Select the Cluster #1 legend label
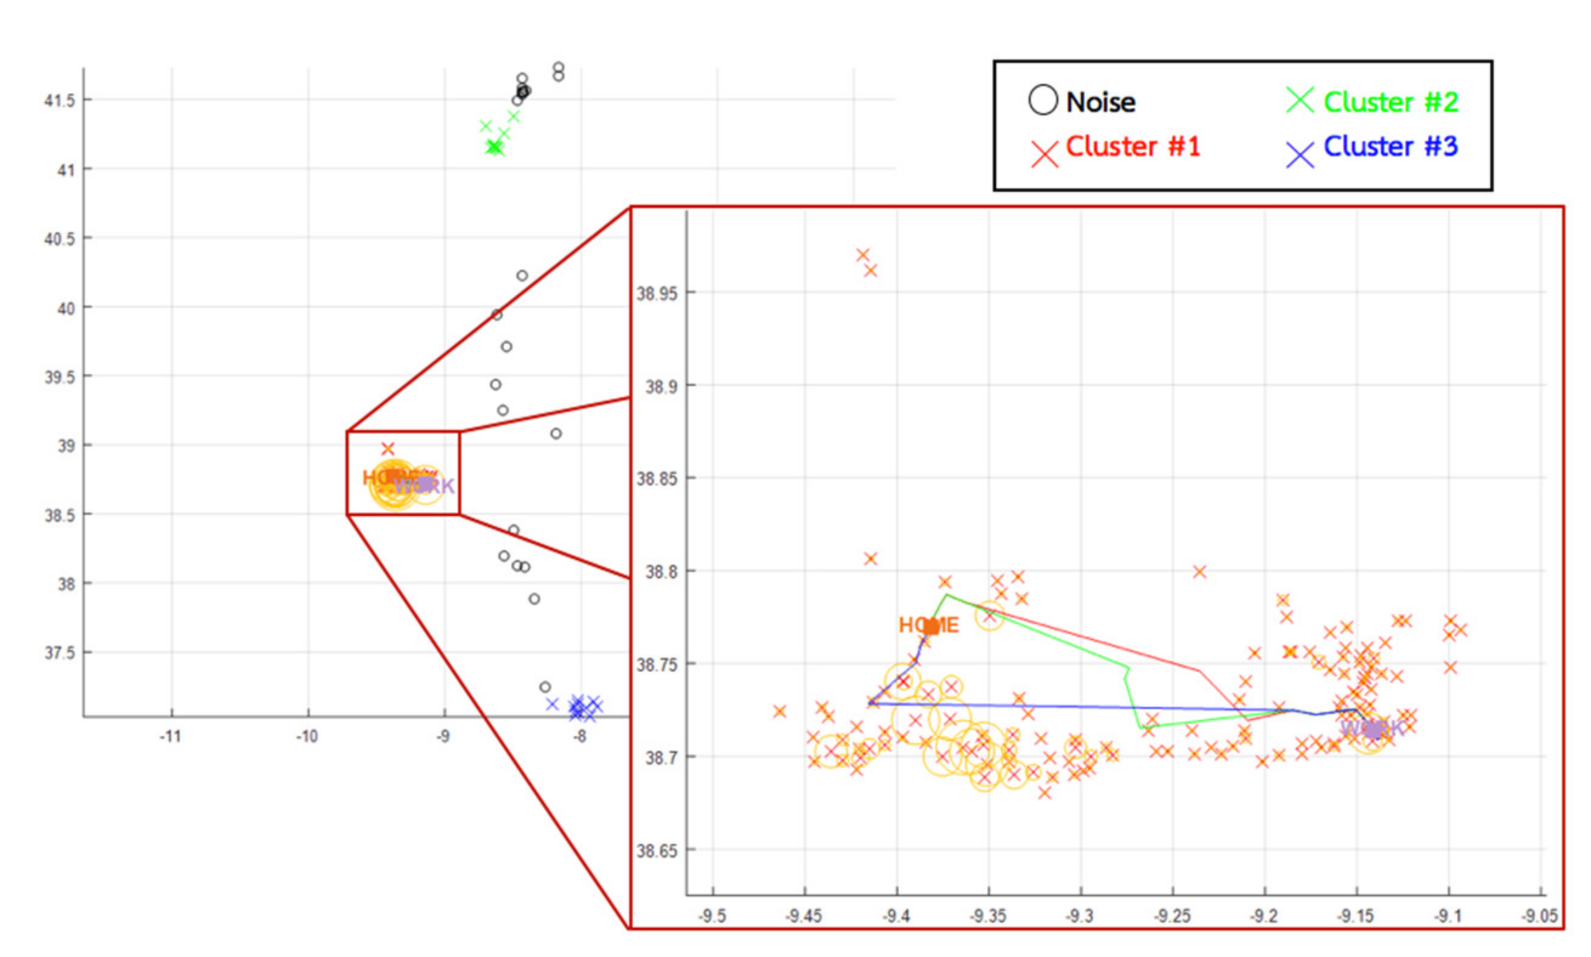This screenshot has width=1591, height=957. coord(1133,146)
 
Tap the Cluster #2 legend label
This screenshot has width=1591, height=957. coord(1391,102)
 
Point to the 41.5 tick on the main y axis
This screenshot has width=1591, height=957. coord(60,101)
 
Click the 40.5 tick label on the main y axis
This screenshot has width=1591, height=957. coord(60,239)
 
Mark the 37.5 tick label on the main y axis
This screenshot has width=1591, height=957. coord(60,653)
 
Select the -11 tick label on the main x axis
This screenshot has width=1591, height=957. coord(171,737)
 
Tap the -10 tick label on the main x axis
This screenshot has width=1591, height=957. coord(308,737)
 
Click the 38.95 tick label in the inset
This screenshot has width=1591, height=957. coord(657,293)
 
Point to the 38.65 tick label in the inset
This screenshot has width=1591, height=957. coord(657,851)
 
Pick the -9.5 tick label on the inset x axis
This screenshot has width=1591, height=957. coord(713,916)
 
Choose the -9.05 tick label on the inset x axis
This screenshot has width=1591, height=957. coord(1540,916)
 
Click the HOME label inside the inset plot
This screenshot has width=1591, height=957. coord(928,625)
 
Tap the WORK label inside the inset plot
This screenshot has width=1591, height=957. coord(1372,729)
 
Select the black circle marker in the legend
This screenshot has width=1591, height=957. coord(1043,101)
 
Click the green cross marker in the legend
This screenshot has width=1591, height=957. coord(1300,101)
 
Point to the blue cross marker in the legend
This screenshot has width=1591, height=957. coord(1300,155)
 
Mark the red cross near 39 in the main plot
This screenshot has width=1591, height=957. coord(387,448)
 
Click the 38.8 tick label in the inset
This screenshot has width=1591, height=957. coord(661,572)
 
